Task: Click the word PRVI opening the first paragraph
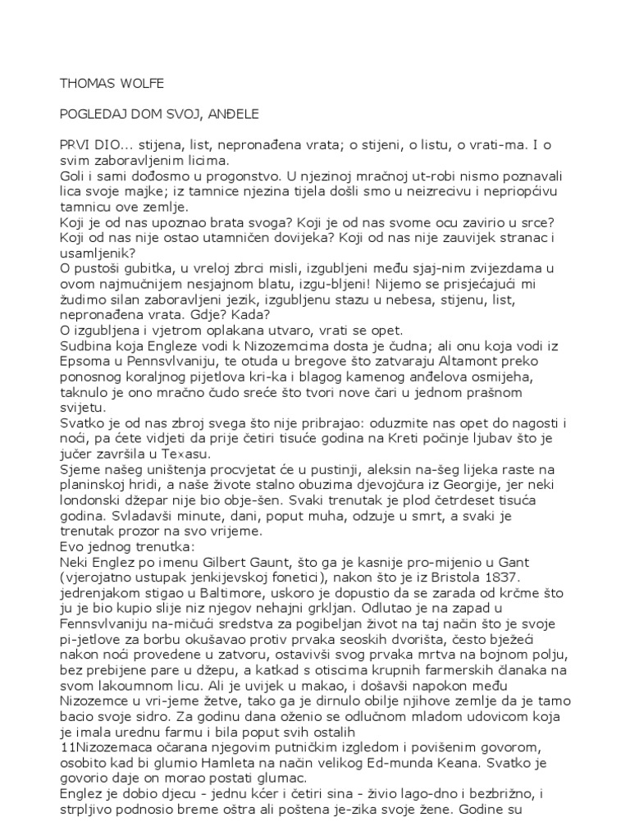75,144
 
